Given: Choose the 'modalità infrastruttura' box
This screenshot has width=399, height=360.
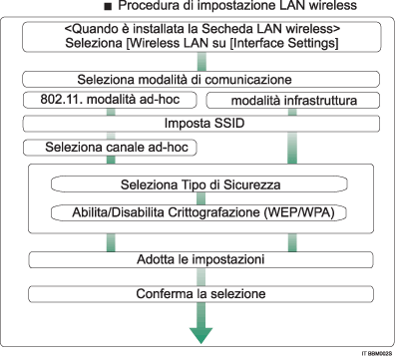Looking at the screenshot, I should [x=290, y=102].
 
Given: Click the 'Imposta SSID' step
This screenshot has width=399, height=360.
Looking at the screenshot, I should [x=199, y=125].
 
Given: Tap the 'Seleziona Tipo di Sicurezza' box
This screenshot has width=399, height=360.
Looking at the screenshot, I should [x=198, y=185].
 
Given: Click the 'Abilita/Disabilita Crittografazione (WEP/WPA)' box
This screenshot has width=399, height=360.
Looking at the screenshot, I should [x=199, y=211].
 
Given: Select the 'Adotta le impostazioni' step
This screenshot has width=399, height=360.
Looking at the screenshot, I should [x=199, y=260].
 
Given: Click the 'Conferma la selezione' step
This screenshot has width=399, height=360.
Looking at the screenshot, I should [x=199, y=294].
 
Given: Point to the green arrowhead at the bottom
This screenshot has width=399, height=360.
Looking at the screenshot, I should [x=199, y=336].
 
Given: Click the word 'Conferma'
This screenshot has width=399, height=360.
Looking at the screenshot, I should [x=165, y=294].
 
